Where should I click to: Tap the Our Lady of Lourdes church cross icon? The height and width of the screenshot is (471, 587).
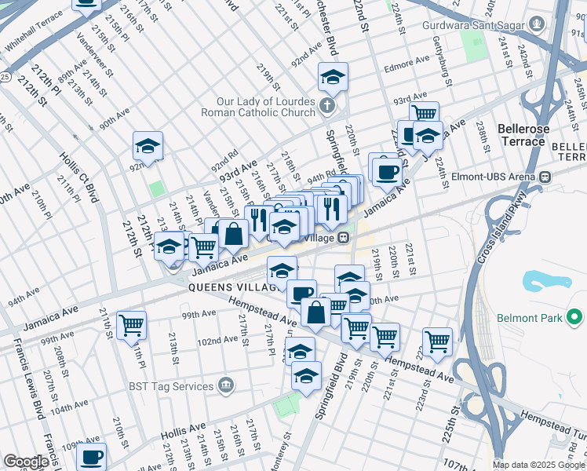click(327, 104)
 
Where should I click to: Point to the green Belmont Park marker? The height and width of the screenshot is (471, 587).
click(574, 318)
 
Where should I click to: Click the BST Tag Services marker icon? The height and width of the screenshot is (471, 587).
click(227, 385)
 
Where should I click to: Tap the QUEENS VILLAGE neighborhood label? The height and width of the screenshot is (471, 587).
click(232, 287)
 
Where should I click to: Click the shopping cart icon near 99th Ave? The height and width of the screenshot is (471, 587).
click(131, 323)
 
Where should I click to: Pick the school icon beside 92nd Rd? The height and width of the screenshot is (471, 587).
click(148, 145)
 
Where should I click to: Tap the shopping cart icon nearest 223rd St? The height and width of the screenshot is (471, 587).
click(437, 341)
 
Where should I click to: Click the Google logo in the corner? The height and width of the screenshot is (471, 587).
click(26, 462)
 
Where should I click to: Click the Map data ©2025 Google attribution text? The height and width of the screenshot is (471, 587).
click(538, 465)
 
